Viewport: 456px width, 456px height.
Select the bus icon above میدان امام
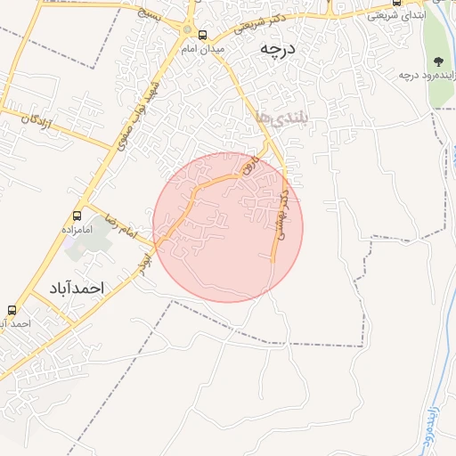coord(203,36)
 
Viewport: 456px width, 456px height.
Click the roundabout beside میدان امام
coord(187,29)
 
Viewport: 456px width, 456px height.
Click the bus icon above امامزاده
coord(77,216)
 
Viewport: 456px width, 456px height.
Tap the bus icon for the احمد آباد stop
coord(12,310)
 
